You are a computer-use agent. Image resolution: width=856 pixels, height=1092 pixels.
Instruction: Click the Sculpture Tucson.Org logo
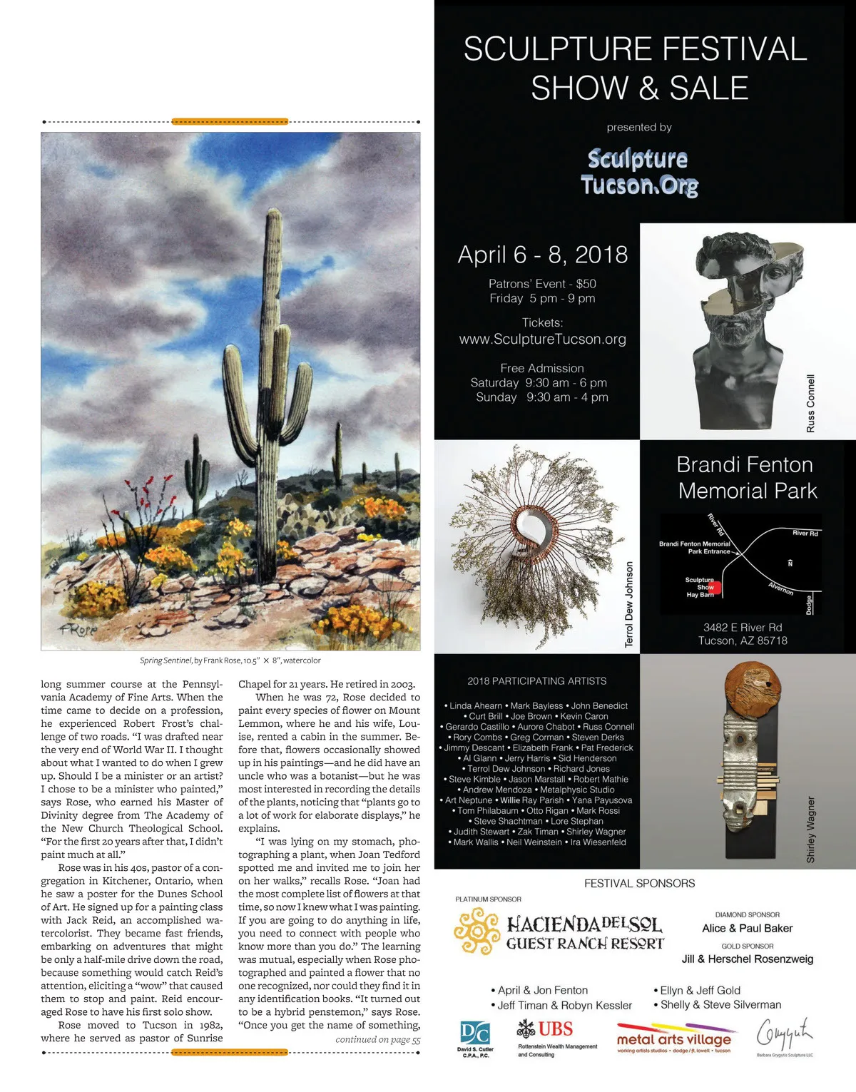pyautogui.click(x=639, y=171)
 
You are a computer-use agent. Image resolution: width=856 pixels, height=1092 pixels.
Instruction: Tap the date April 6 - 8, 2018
pyautogui.click(x=543, y=255)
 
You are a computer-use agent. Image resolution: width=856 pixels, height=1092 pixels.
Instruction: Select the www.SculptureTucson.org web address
pyautogui.click(x=543, y=340)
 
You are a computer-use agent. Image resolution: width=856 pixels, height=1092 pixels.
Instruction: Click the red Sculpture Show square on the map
pyautogui.click(x=715, y=588)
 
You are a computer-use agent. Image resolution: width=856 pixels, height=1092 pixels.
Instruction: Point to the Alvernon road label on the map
pyautogui.click(x=780, y=588)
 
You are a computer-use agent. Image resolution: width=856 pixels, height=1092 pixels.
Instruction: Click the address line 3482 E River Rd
pyautogui.click(x=743, y=628)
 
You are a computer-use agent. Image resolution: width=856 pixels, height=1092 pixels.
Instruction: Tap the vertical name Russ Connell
pyautogui.click(x=810, y=403)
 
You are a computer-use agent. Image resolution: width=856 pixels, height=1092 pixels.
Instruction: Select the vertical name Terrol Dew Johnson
pyautogui.click(x=629, y=605)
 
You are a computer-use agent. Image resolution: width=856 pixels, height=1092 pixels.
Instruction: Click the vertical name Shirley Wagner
pyautogui.click(x=810, y=830)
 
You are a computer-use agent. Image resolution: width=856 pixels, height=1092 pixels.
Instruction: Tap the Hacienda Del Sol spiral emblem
pyautogui.click(x=477, y=931)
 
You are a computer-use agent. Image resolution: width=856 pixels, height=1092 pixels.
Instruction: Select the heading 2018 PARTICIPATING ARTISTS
pyautogui.click(x=537, y=681)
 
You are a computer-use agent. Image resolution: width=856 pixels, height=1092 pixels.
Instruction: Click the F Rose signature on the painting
pyautogui.click(x=78, y=630)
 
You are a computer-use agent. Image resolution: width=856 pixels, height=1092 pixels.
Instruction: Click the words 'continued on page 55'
pyautogui.click(x=378, y=1039)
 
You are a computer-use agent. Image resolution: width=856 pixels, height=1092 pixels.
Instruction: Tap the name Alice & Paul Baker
pyautogui.click(x=747, y=928)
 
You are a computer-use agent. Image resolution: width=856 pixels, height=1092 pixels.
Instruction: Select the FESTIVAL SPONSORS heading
pyautogui.click(x=639, y=883)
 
